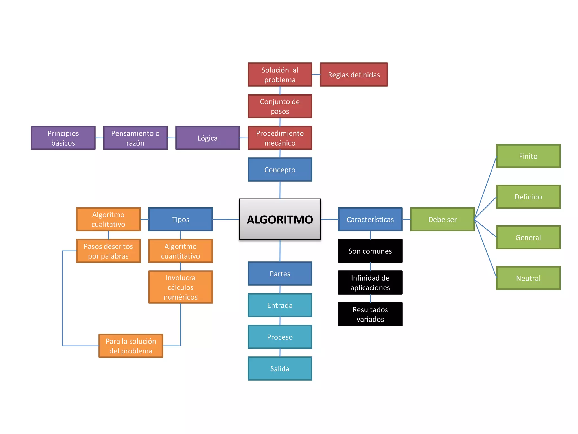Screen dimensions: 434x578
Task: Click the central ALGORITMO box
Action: click(280, 219)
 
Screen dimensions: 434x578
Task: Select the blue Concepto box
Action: click(280, 170)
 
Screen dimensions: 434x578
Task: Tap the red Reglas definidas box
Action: click(354, 75)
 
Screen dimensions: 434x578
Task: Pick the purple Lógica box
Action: click(207, 138)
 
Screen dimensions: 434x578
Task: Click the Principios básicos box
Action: click(63, 138)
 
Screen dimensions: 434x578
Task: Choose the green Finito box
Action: click(528, 156)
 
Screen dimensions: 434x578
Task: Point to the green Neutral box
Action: click(528, 278)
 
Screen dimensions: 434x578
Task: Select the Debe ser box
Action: click(442, 219)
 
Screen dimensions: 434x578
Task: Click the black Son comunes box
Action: click(370, 251)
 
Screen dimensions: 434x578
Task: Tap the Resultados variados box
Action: click(370, 314)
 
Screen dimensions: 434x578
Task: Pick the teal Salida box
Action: click(280, 368)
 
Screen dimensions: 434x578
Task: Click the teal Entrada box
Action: click(280, 305)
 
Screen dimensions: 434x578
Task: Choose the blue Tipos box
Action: click(180, 219)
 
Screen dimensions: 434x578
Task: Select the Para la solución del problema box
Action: click(131, 346)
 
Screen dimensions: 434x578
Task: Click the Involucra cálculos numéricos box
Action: click(180, 287)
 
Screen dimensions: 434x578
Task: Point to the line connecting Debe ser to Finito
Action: click(485, 188)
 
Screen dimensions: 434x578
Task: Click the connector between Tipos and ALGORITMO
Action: click(226, 219)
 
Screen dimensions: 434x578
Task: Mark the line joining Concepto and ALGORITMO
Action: click(280, 190)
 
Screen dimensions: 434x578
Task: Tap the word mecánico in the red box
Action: click(280, 143)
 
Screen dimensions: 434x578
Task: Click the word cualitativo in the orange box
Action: click(108, 224)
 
